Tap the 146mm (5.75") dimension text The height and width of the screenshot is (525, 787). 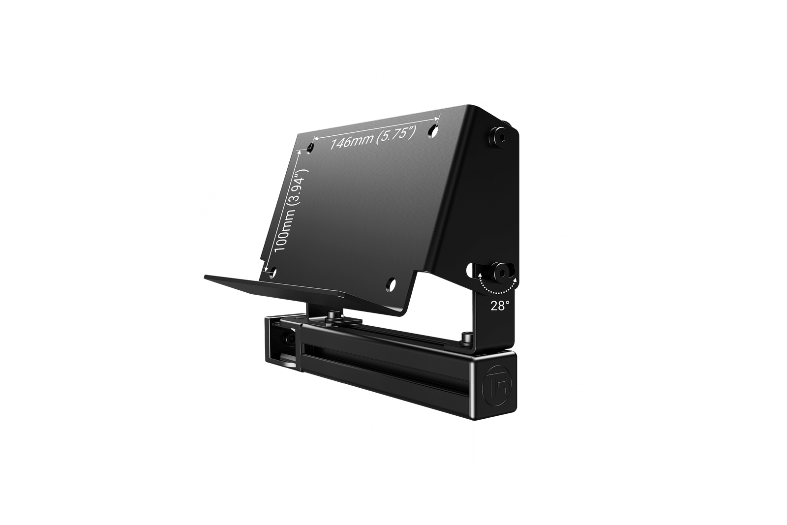(x=373, y=137)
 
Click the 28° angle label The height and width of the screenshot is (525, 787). (x=499, y=306)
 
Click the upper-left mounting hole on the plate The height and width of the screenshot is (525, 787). (x=310, y=148)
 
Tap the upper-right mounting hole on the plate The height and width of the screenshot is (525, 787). (x=433, y=130)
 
